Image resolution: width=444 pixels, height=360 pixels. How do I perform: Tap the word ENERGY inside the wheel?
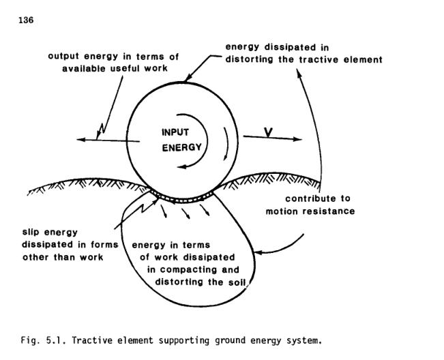tap(181, 147)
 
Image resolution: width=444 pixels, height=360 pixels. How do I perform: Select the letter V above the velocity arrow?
tap(269, 131)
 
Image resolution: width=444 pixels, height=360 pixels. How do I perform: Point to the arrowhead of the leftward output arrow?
tap(80, 140)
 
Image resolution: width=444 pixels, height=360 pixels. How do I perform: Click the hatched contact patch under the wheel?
tap(178, 198)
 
